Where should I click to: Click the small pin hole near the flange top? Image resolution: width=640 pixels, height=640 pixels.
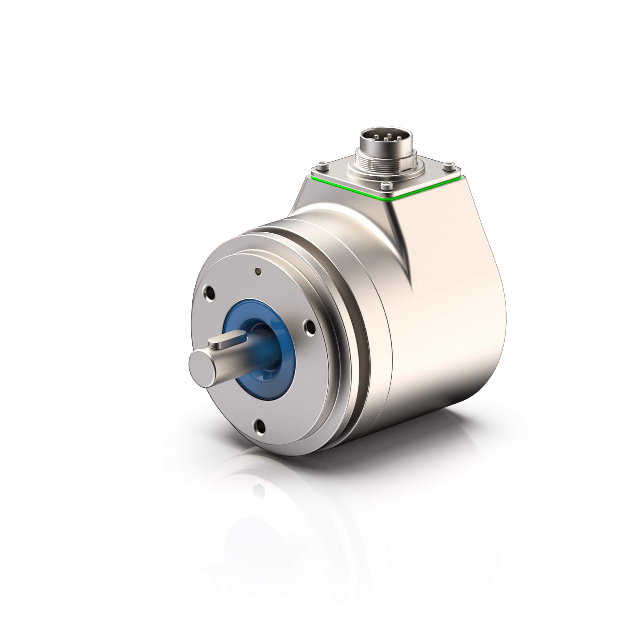258,272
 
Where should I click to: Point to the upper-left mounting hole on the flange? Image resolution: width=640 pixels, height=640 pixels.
209,293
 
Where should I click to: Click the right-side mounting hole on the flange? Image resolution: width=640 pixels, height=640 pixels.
310,328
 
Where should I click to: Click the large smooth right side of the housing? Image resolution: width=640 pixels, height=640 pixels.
457,315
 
